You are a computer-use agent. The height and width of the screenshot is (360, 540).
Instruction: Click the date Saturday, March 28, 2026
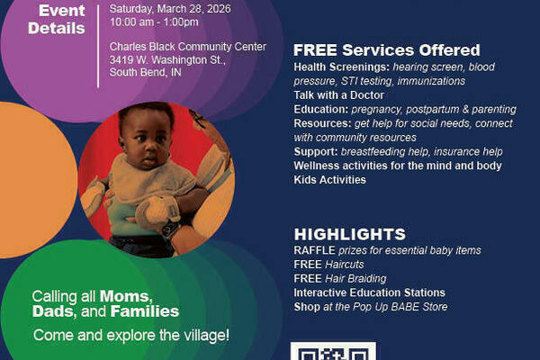tap(170, 9)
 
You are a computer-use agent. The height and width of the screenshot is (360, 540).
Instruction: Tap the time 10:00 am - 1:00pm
tap(154, 22)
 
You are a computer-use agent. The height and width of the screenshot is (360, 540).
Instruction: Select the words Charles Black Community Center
tap(188, 47)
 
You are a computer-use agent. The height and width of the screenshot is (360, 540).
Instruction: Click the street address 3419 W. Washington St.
tap(167, 60)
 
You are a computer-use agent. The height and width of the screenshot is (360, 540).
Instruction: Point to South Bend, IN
tap(145, 72)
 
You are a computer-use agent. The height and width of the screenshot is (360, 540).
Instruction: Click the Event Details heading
tap(57, 19)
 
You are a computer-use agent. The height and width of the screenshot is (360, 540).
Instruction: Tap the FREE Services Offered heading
tap(386, 50)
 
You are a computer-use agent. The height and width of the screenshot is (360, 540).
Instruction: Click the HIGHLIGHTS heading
tap(350, 234)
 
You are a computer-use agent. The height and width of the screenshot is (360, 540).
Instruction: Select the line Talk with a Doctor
tap(339, 95)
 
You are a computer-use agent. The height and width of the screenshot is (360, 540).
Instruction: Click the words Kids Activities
tap(330, 179)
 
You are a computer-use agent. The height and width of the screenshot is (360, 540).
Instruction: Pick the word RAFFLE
tap(314, 250)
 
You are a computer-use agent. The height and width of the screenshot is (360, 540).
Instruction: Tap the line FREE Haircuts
tap(328, 265)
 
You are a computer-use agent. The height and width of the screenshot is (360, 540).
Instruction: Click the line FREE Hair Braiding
tap(340, 278)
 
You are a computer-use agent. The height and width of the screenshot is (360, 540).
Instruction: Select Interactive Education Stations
tap(370, 292)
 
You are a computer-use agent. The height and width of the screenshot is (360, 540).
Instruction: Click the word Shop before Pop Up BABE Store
tap(307, 307)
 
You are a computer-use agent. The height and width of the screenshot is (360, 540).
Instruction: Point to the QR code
tap(333, 351)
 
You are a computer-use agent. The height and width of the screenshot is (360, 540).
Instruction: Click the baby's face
tap(147, 139)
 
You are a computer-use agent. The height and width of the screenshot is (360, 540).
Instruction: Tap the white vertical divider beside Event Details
tap(98, 46)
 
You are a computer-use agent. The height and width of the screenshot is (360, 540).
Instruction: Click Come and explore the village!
tap(131, 335)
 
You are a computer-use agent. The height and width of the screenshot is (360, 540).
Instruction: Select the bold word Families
tap(145, 311)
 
